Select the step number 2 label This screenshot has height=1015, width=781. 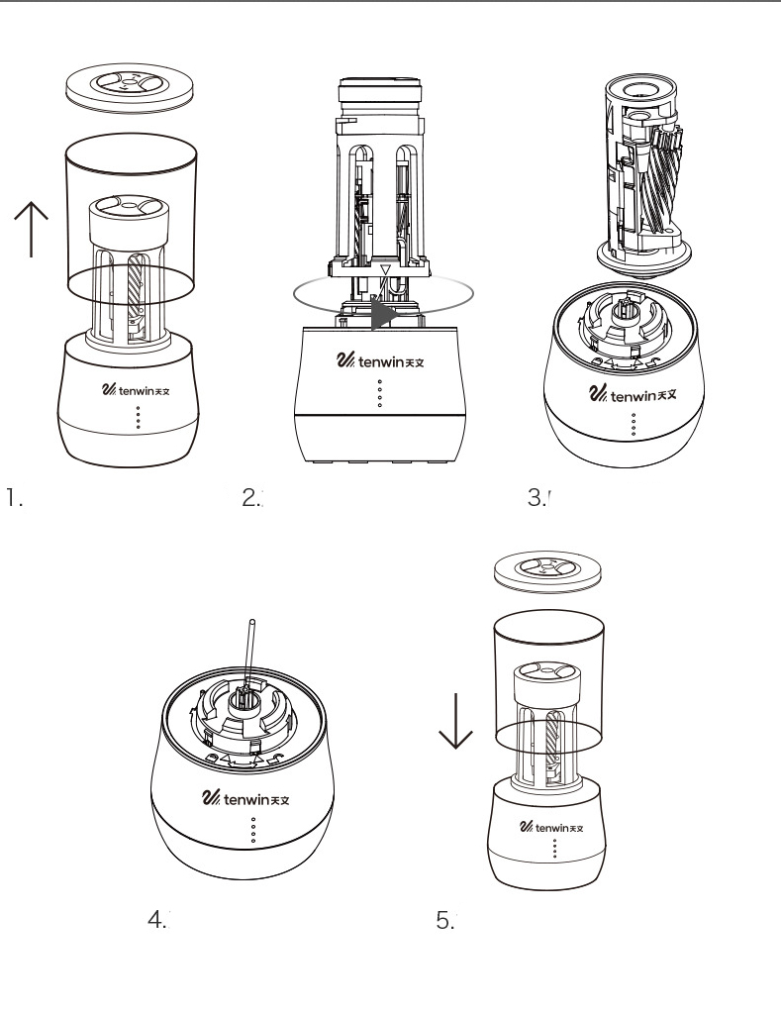point(251,496)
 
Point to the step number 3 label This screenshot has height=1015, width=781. point(537,496)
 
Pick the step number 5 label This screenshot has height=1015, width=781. point(445,919)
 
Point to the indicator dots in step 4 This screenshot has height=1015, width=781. point(253,831)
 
